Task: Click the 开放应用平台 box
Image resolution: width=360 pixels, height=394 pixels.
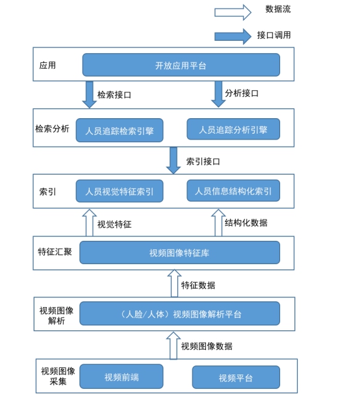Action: tap(181, 65)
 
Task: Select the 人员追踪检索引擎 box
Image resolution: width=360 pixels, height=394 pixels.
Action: tap(120, 130)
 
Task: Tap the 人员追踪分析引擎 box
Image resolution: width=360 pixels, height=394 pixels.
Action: tap(233, 129)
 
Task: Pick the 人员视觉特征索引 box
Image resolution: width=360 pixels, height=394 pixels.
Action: tap(120, 191)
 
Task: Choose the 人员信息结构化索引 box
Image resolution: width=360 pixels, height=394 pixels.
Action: tap(233, 190)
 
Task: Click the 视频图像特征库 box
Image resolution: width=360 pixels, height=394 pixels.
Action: tap(179, 252)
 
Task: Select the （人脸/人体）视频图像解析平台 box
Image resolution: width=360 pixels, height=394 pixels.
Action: tap(179, 314)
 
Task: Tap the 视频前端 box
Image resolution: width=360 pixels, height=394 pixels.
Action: tap(122, 376)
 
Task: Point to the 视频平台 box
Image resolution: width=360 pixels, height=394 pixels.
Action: tap(236, 377)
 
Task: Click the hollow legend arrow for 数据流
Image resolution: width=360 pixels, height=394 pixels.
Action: tap(233, 12)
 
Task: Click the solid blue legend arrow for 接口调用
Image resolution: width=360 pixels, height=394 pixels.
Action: tap(233, 36)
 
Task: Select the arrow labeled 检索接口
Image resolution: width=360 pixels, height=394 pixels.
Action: tap(89, 95)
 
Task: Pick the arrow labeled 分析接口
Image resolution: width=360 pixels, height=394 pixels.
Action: tap(218, 94)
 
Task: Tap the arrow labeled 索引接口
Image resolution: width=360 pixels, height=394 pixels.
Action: tap(174, 160)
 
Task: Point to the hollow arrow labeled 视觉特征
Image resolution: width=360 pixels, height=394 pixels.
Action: tap(90, 223)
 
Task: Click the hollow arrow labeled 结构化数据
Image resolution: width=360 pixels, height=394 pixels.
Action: tap(218, 223)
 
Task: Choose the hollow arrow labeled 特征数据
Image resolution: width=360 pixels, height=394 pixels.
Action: tap(174, 283)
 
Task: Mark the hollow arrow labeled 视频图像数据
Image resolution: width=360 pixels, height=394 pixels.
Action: tap(174, 345)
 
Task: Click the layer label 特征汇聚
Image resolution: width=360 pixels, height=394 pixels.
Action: tap(55, 252)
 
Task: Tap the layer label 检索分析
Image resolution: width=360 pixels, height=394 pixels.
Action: tap(53, 129)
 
